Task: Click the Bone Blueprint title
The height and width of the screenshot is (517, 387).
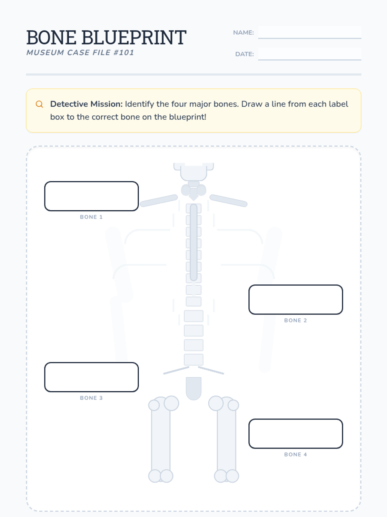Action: (106, 37)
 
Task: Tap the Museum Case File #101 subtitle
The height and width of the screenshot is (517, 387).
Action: (80, 53)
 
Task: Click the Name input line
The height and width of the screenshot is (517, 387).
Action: (310, 33)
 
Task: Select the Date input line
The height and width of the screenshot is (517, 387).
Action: (310, 54)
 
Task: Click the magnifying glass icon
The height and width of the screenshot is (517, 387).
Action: (39, 104)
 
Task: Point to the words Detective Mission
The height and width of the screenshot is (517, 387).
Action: (86, 104)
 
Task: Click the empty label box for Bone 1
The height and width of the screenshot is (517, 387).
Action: (91, 196)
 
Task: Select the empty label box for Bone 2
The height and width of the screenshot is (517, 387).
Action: (296, 300)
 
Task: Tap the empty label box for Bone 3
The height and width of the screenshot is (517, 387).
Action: (91, 377)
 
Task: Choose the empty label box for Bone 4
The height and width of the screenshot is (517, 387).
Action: (296, 434)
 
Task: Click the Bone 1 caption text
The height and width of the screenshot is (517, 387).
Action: (91, 217)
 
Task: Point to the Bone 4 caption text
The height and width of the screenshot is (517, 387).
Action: (296, 454)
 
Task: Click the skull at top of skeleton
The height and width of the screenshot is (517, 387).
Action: (193, 172)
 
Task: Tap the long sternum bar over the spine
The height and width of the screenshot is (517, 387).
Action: (193, 242)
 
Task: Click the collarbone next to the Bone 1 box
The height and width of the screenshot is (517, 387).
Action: (159, 201)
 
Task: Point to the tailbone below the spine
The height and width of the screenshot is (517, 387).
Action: (193, 388)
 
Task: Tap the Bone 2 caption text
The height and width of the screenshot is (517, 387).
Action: (296, 320)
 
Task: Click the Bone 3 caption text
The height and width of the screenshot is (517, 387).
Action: (91, 398)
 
